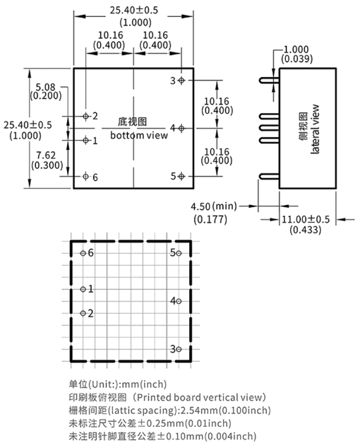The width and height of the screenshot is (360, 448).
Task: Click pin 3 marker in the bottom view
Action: coord(181,81)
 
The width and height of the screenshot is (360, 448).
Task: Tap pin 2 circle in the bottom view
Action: coord(85,117)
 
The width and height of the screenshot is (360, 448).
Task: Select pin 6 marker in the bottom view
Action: coord(85,176)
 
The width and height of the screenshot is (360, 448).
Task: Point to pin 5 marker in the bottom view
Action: coord(181,176)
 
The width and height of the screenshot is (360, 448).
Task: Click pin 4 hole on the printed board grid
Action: coord(179,301)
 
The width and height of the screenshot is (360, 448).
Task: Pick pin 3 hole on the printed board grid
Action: coord(179,349)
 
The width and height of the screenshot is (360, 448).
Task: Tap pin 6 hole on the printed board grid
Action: coord(83,253)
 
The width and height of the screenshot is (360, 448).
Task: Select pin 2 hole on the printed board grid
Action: coord(83,314)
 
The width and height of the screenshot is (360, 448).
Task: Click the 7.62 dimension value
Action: coord(46,155)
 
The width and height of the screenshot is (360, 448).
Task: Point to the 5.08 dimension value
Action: coord(45,87)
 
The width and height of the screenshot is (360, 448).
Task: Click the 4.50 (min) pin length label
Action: coord(214,206)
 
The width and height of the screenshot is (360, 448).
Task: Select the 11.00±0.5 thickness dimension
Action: coord(306,220)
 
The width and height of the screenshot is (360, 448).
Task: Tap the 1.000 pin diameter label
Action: coord(296,49)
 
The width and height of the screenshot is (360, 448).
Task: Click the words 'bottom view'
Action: coord(139,135)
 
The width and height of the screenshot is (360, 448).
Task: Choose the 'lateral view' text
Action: coord(315,129)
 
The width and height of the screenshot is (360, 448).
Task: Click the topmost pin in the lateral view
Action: coord(269,81)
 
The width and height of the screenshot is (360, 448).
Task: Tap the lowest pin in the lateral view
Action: coord(269,176)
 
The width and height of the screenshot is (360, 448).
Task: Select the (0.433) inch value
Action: coord(306,230)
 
